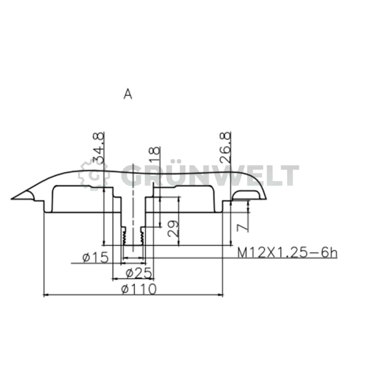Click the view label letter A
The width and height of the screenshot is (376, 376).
[128, 94]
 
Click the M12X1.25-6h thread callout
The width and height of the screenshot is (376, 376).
[287, 253]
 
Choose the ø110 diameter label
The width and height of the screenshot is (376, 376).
[138, 290]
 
